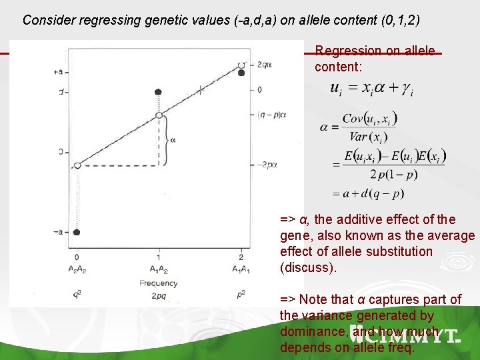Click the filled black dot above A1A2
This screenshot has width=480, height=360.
click(158, 91)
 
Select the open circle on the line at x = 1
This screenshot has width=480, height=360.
click(159, 115)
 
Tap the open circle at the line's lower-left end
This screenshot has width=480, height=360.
click(77, 165)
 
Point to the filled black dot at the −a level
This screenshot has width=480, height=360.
click(76, 232)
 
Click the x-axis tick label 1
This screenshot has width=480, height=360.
click(158, 257)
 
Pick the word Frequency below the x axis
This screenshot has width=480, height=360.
click(158, 283)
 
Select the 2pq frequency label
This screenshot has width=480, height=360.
click(158, 294)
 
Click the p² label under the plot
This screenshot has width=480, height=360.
click(241, 294)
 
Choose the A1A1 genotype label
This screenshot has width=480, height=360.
click(241, 269)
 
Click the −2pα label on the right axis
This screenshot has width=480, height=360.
click(268, 165)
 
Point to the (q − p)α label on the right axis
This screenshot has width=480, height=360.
click(271, 115)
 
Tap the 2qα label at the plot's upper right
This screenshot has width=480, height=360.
click(264, 65)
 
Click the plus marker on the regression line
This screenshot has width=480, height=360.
click(200, 90)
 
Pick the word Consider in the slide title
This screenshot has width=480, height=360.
click(49, 19)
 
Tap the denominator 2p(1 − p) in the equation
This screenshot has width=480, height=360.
click(375, 175)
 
